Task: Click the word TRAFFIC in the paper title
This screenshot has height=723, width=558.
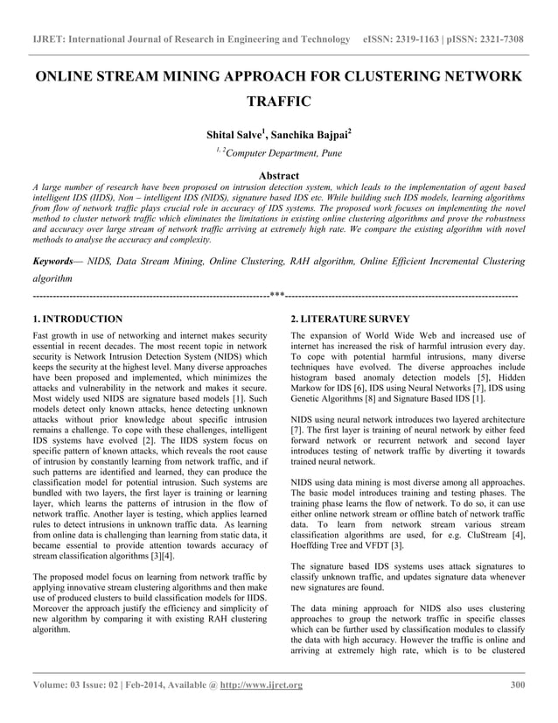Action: [x=279, y=102]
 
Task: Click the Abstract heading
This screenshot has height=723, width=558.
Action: [x=278, y=176]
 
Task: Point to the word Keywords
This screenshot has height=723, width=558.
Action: [x=53, y=261]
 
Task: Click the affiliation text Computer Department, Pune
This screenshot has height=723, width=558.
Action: [x=284, y=156]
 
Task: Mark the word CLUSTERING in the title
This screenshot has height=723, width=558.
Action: [x=381, y=76]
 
